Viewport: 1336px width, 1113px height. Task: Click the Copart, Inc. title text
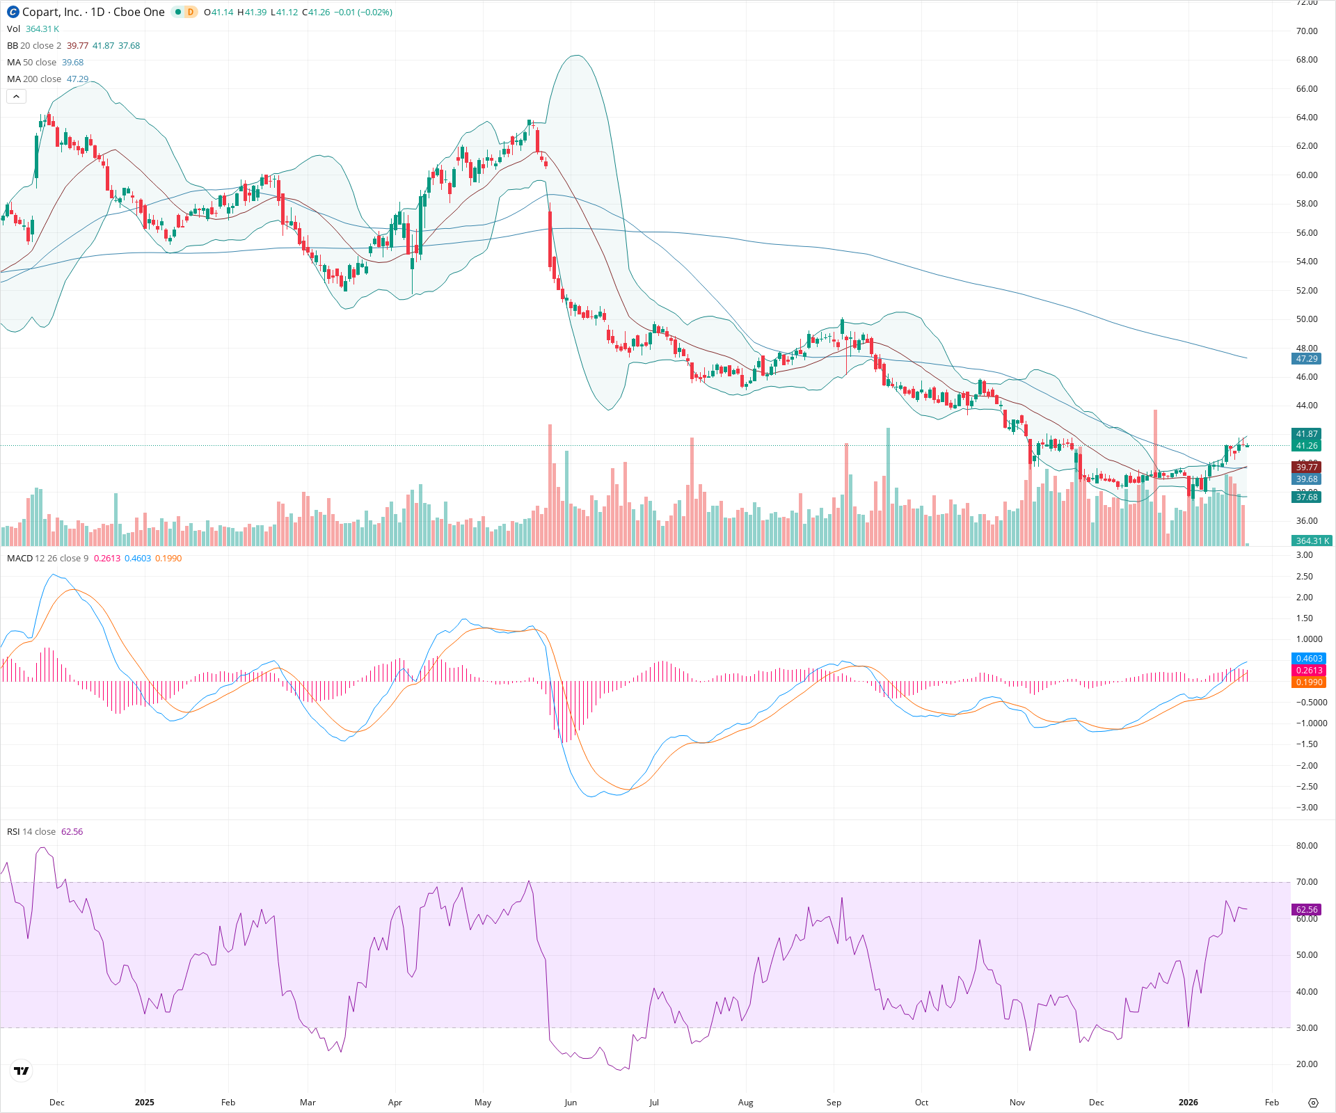tap(52, 12)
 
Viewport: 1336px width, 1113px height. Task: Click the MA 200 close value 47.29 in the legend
tap(77, 79)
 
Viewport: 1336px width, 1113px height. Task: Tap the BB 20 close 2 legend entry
tap(34, 46)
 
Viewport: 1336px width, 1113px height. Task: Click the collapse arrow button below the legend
tap(16, 97)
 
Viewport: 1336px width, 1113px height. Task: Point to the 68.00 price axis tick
tap(1306, 60)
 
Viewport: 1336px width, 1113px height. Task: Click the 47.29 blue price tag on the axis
tap(1306, 359)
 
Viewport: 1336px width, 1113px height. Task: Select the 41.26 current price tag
tap(1306, 446)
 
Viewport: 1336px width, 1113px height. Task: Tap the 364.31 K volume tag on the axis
tap(1312, 541)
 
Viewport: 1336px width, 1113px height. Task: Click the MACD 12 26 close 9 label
tap(47, 559)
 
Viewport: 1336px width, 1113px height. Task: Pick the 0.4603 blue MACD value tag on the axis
tap(1308, 658)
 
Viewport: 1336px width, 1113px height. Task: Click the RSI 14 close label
tap(31, 832)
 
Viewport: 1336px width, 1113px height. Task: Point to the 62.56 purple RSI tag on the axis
tap(1306, 909)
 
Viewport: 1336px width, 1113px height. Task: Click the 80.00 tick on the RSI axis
tap(1307, 846)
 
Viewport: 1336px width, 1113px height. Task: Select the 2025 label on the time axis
tap(145, 1103)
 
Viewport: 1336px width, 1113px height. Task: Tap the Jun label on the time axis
tap(571, 1103)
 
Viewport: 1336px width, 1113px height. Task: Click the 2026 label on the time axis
tap(1188, 1103)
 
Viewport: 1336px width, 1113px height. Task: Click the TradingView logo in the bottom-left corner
tap(22, 1071)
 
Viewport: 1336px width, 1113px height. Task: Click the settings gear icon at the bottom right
tap(1313, 1103)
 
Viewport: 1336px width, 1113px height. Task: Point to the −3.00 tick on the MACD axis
tap(1306, 808)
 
